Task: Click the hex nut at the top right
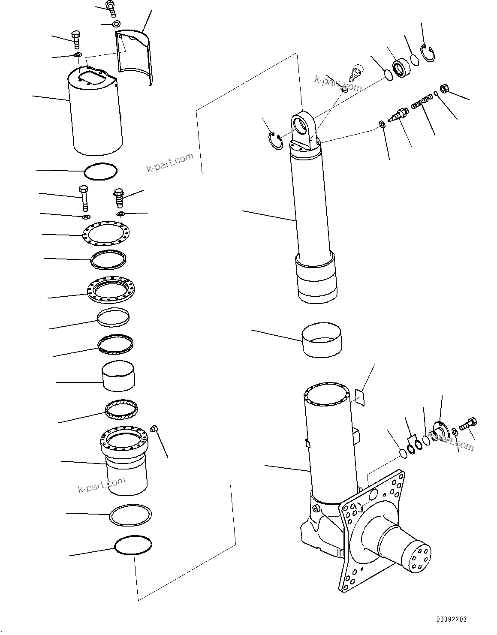click(x=444, y=89)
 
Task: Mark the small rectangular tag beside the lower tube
click(x=360, y=397)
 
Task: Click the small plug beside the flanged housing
click(x=155, y=428)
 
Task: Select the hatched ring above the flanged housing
click(x=121, y=409)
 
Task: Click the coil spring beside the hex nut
click(x=418, y=103)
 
